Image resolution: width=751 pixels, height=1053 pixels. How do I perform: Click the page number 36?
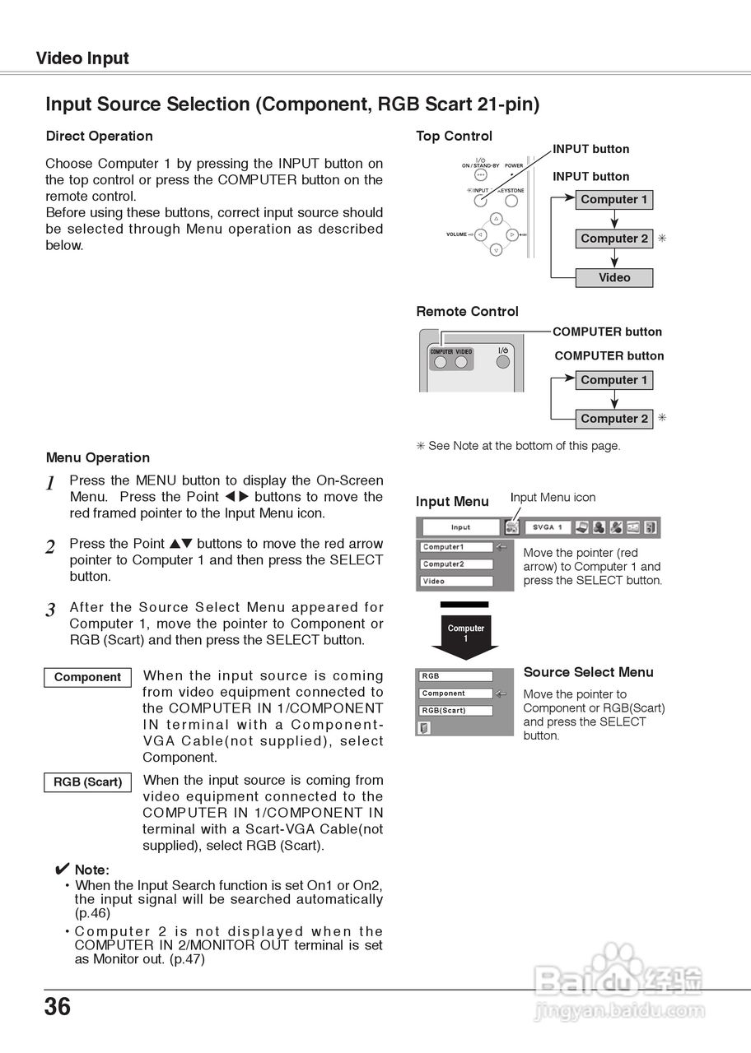point(58,1007)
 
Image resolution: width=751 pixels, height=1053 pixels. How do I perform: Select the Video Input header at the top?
point(82,58)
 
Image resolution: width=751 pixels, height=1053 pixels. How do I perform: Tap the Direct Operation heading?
point(100,136)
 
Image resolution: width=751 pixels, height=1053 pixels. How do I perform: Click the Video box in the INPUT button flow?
point(614,278)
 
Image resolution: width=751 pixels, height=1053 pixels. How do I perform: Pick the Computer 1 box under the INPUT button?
point(614,200)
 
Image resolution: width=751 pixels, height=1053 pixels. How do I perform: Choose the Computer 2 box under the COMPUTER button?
point(614,419)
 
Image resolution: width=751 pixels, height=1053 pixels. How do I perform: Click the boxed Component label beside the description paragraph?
point(87,677)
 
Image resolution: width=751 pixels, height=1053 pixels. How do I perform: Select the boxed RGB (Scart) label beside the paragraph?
point(87,782)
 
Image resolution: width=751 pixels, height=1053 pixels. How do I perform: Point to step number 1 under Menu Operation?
point(51,484)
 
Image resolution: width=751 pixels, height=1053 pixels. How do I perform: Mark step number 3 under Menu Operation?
point(51,610)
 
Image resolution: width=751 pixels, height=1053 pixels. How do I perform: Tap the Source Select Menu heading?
point(588,672)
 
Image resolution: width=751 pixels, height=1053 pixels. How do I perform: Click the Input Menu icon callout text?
point(553,498)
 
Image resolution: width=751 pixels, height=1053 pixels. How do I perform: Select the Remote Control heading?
point(467,312)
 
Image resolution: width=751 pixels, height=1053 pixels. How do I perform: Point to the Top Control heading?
point(454,136)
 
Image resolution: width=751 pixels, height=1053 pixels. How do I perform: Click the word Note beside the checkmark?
point(91,870)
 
